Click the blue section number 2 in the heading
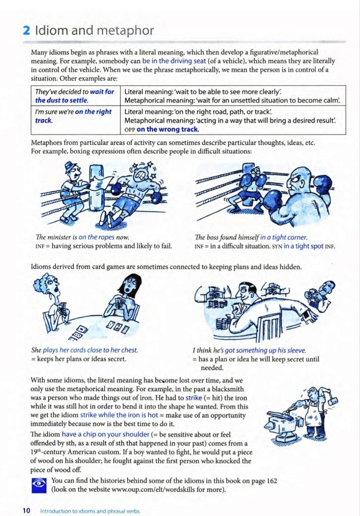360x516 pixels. point(26,31)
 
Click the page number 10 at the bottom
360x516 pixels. point(26,510)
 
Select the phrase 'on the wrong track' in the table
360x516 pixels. point(168,129)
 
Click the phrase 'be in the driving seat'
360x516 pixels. point(174,61)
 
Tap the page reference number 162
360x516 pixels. point(272,481)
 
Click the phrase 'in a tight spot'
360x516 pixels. point(303,246)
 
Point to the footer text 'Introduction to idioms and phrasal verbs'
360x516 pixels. point(90,511)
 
